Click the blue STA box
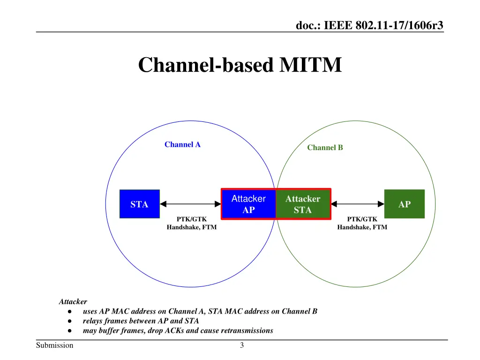pos(139,204)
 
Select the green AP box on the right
pos(404,204)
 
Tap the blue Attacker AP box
pos(248,204)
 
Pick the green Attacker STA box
pos(303,204)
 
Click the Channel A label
pos(182,144)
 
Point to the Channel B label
pos(325,148)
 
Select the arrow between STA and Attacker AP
pos(191,204)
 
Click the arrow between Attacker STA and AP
pos(358,204)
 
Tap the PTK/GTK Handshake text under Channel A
pos(191,223)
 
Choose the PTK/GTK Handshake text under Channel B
pos(362,223)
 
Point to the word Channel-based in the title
pos(205,65)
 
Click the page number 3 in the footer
pos(242,346)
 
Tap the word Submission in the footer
pos(55,346)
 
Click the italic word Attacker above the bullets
pos(73,302)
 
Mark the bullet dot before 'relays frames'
pos(69,321)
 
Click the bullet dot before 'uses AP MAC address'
pos(69,311)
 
